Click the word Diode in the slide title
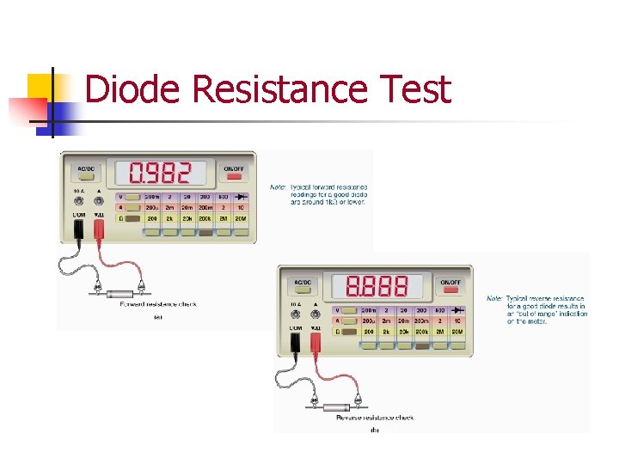(133, 89)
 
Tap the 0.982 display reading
(160, 174)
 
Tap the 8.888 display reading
(376, 286)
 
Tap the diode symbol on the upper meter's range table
(242, 197)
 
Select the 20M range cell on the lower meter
(457, 332)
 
